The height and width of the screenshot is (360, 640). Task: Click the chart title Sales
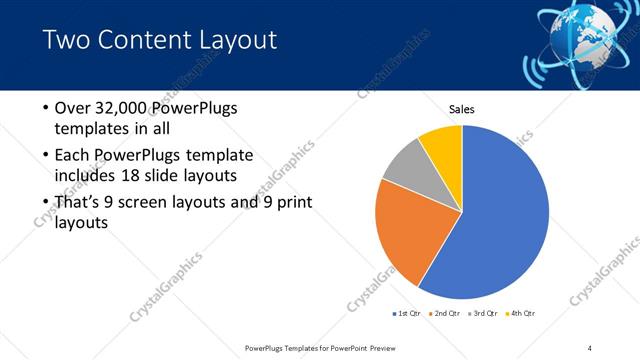[461, 109]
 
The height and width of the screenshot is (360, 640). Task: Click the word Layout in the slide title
[235, 41]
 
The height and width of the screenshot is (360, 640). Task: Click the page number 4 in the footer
[590, 347]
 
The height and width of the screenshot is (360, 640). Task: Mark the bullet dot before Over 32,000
[45, 109]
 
